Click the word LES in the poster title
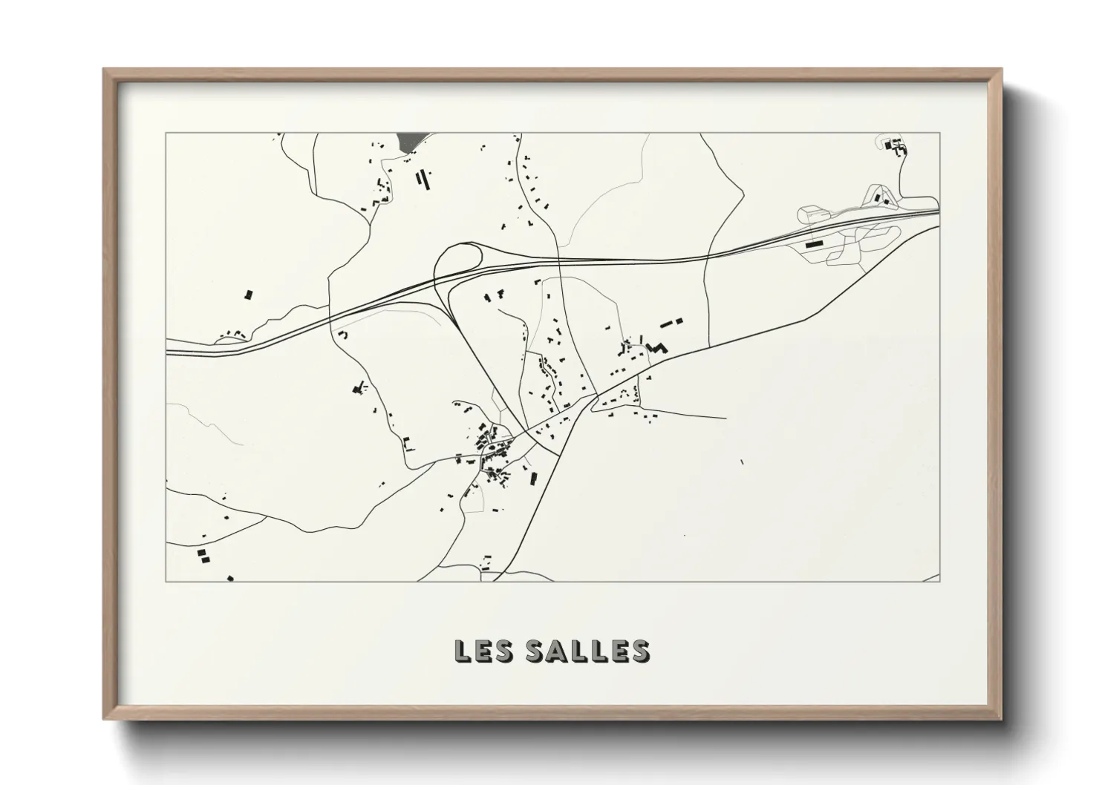pyautogui.click(x=482, y=651)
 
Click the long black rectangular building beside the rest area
pyautogui.click(x=815, y=243)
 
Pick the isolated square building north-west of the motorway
pyautogui.click(x=249, y=295)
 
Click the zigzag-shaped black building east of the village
pyautogui.click(x=656, y=346)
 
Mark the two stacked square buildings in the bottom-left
pyautogui.click(x=200, y=555)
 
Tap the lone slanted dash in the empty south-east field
pyautogui.click(x=743, y=462)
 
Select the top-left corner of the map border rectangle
pyautogui.click(x=166, y=134)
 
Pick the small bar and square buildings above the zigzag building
pyautogui.click(x=671, y=322)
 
